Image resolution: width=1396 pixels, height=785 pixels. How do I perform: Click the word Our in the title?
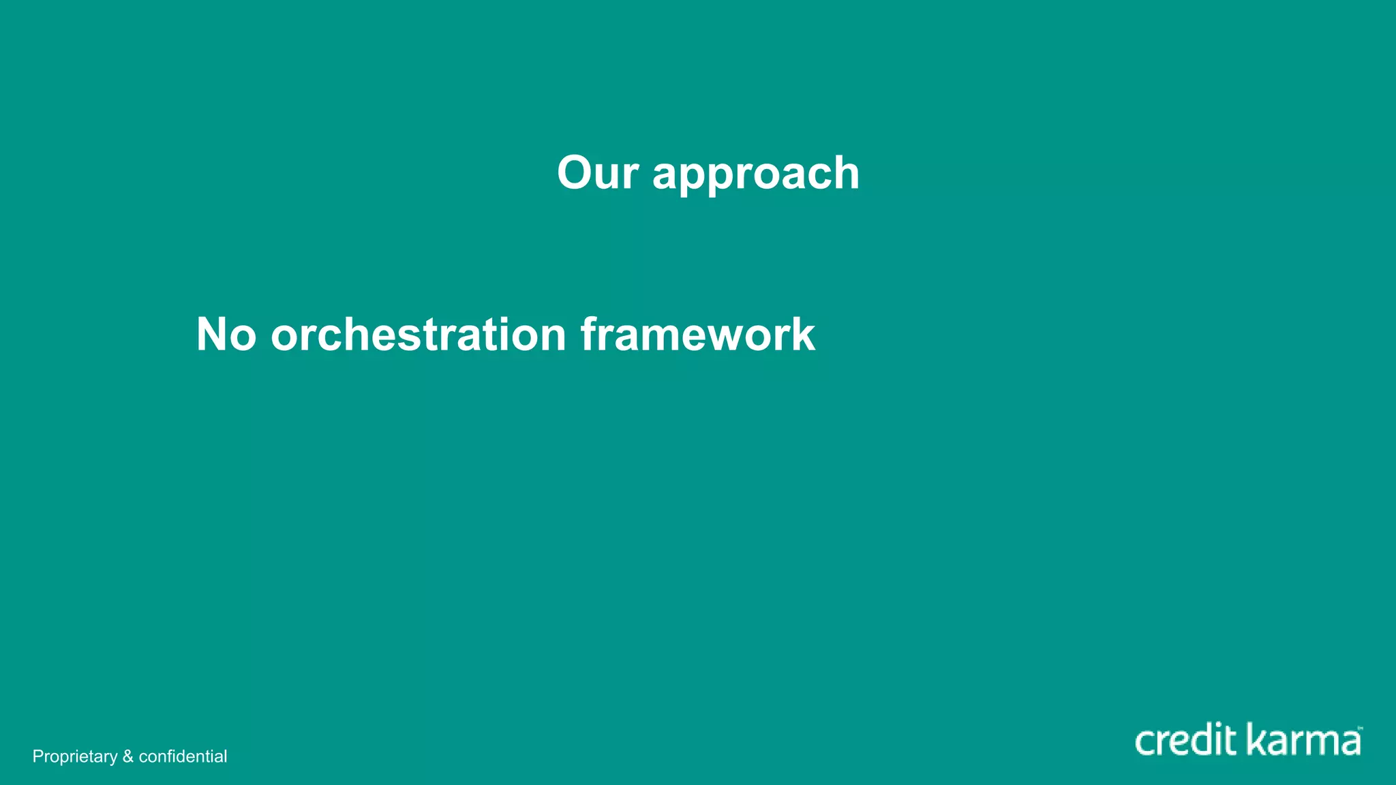pos(597,172)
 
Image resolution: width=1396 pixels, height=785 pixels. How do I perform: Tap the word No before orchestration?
pos(226,335)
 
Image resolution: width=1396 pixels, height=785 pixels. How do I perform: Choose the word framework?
pos(697,335)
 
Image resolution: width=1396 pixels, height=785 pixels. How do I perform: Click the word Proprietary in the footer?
pos(75,756)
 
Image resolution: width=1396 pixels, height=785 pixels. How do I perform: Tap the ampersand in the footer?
pos(128,756)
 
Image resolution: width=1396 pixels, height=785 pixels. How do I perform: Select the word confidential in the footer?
pos(183,756)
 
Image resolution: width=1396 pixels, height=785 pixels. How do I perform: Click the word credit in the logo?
pos(1186,741)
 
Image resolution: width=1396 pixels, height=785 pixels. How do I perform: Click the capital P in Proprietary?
pos(37,756)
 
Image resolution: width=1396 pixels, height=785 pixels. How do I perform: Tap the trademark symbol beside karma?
pos(1360,728)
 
